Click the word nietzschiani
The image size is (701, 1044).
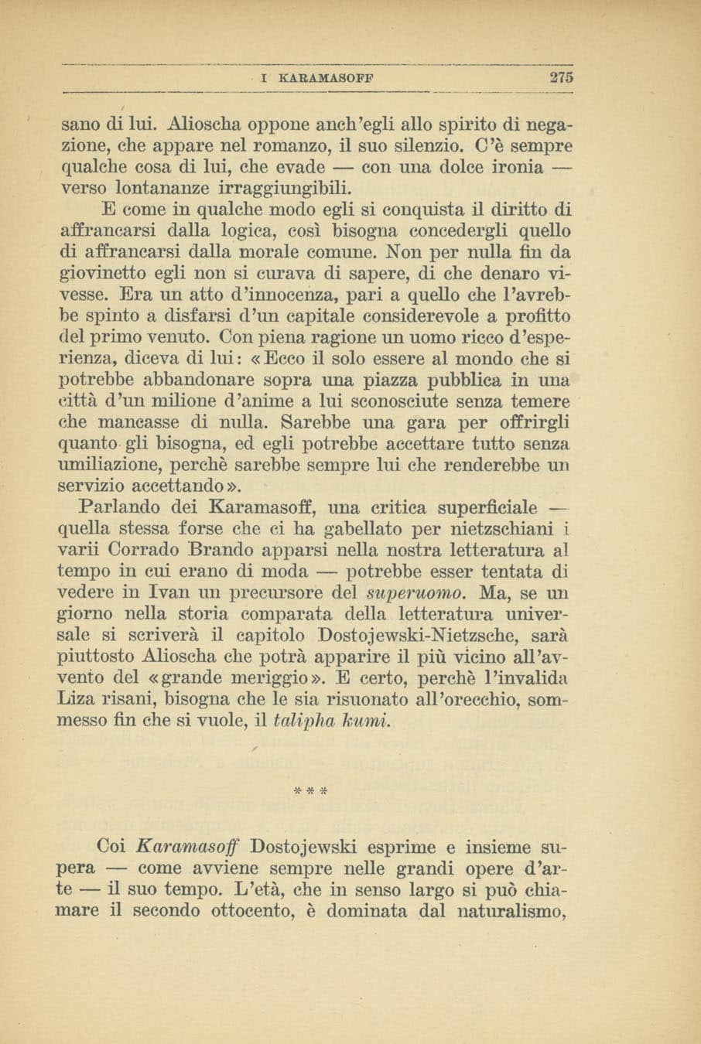(504, 530)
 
